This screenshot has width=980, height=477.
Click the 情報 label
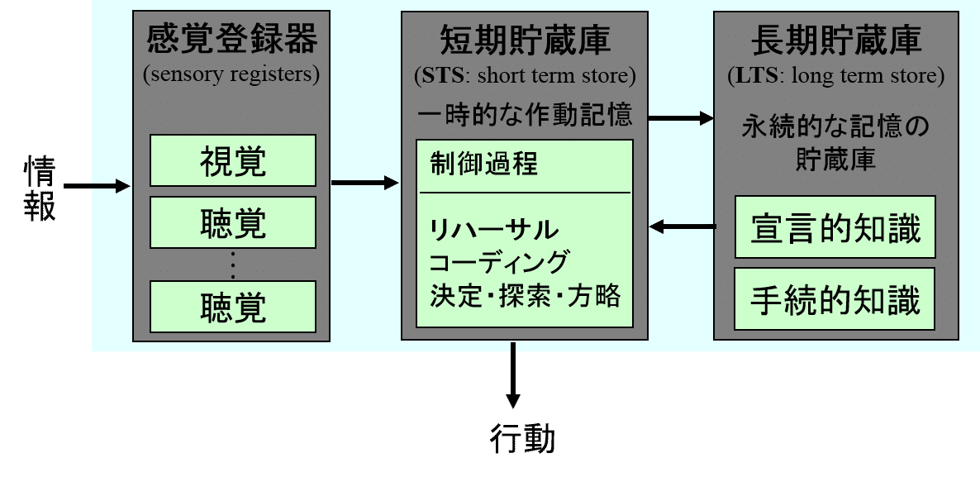click(x=39, y=188)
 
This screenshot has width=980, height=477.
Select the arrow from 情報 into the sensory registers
click(x=97, y=187)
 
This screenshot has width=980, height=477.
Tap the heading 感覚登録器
click(x=231, y=40)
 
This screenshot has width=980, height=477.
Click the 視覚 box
click(x=233, y=160)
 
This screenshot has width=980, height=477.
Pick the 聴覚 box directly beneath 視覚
click(x=233, y=222)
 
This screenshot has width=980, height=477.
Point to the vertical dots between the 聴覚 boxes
click(x=233, y=265)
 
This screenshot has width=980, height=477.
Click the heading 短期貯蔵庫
click(x=525, y=40)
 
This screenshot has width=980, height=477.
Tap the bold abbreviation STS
click(x=439, y=77)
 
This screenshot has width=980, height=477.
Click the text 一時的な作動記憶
click(x=525, y=115)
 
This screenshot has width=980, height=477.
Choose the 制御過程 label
click(x=483, y=164)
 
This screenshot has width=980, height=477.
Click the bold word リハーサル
click(x=494, y=229)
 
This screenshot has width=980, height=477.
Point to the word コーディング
click(x=499, y=262)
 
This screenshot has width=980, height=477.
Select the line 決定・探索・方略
click(x=525, y=296)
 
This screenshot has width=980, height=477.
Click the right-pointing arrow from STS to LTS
click(x=680, y=118)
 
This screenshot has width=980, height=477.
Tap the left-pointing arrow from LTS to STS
click(x=682, y=226)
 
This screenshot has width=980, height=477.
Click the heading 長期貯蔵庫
click(x=836, y=40)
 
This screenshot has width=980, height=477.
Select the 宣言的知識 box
click(x=835, y=227)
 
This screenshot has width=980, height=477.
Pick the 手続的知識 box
click(x=835, y=298)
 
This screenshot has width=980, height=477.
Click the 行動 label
click(x=522, y=439)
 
